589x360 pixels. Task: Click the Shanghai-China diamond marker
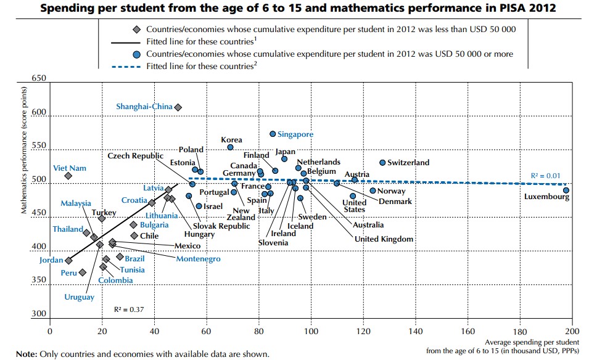click(x=178, y=107)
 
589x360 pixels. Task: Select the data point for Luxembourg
click(x=566, y=190)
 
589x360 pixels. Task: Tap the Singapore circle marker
click(x=273, y=134)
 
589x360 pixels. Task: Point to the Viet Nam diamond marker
click(x=68, y=176)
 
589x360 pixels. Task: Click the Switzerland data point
click(x=382, y=163)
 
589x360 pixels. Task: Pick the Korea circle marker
click(x=230, y=147)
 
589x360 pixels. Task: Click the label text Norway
click(x=390, y=191)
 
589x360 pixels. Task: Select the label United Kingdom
click(x=384, y=239)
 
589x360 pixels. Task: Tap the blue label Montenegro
click(x=198, y=259)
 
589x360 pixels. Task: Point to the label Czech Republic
click(x=135, y=156)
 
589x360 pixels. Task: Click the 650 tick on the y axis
click(x=38, y=79)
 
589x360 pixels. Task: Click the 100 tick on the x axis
click(x=311, y=330)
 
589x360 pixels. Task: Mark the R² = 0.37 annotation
click(x=129, y=309)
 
